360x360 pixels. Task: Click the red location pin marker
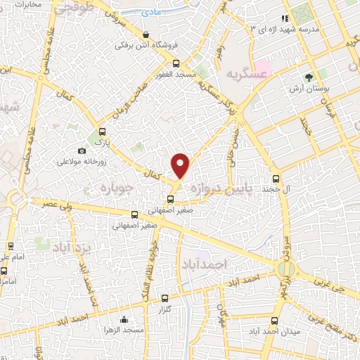(x=181, y=165)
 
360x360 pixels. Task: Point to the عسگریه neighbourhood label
(x=247, y=73)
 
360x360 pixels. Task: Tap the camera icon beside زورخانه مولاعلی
(x=82, y=150)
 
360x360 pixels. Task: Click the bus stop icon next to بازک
(x=103, y=131)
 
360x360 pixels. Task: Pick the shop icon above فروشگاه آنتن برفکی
(x=146, y=34)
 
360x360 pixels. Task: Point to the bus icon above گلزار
(x=165, y=298)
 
